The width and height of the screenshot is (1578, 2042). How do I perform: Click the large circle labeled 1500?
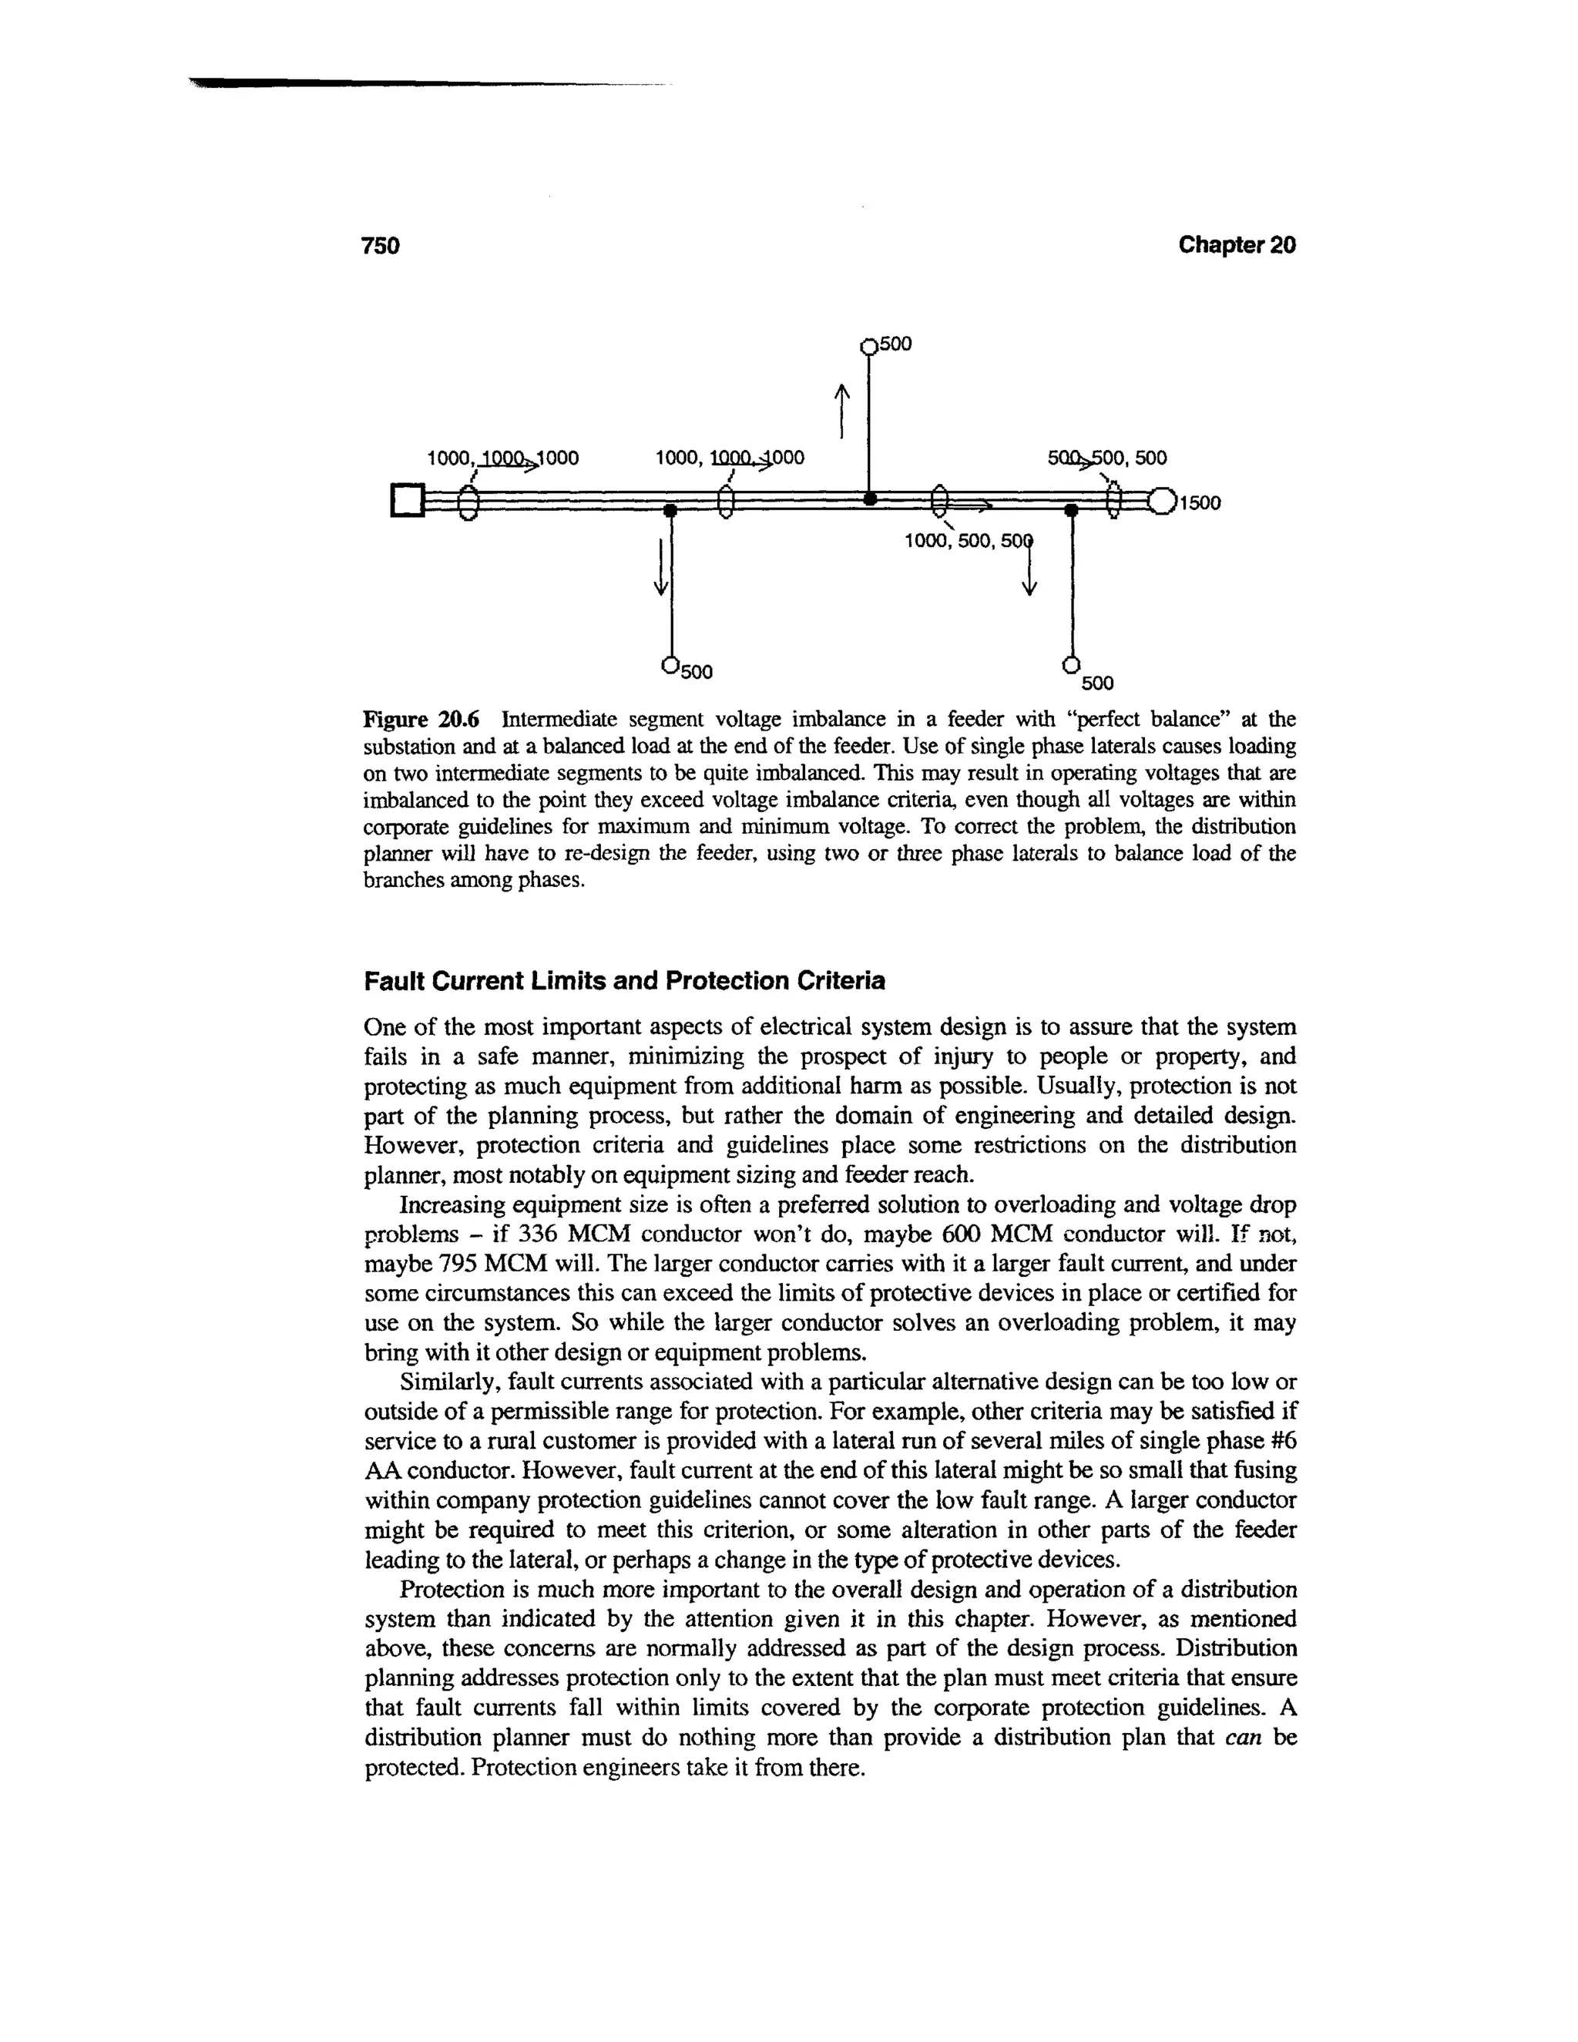coord(1162,502)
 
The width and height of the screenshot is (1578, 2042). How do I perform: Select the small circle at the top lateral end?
coord(868,347)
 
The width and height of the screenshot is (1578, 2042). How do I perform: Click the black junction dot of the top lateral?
coord(869,499)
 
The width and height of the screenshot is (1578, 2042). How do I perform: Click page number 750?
coord(381,246)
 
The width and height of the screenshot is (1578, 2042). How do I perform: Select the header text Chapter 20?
coord(1236,245)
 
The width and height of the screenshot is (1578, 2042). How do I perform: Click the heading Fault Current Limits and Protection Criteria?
coord(623,982)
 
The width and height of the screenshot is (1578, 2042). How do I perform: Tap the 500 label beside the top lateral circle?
coord(895,344)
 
